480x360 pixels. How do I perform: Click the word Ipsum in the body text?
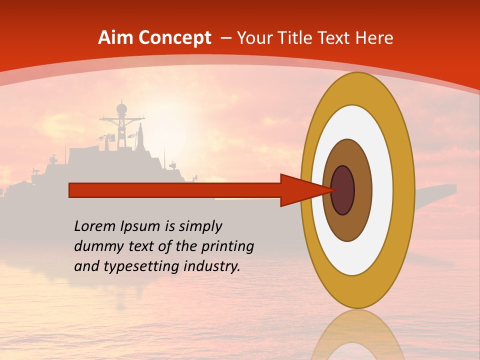(x=140, y=227)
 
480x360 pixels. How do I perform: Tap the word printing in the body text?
(x=227, y=247)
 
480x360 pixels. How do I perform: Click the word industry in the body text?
(x=211, y=266)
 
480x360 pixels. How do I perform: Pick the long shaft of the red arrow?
(x=175, y=190)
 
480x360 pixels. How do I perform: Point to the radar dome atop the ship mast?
(x=121, y=108)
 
